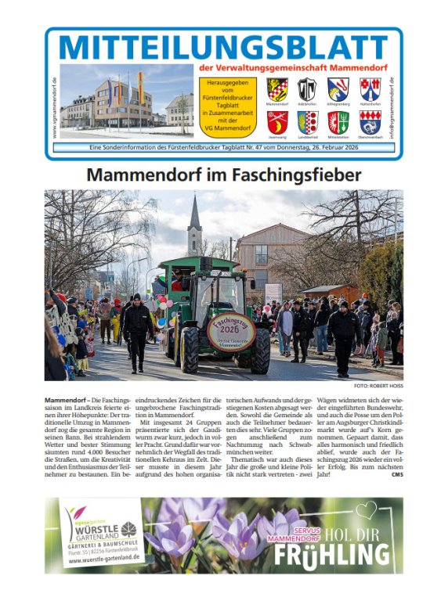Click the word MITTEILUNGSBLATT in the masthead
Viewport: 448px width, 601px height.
(x=222, y=49)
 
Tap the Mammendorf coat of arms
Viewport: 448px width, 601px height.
(x=277, y=88)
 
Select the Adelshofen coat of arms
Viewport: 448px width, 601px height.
(x=307, y=88)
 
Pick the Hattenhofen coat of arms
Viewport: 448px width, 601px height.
(x=369, y=88)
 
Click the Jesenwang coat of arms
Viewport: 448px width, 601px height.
(x=277, y=121)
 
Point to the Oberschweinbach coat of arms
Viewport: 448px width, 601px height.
(x=369, y=121)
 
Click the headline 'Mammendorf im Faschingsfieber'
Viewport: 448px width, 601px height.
(x=223, y=174)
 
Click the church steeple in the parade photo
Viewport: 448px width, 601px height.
(x=194, y=223)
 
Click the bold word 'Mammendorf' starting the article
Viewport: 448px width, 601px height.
(x=64, y=401)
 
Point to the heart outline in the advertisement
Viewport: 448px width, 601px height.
(x=366, y=510)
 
